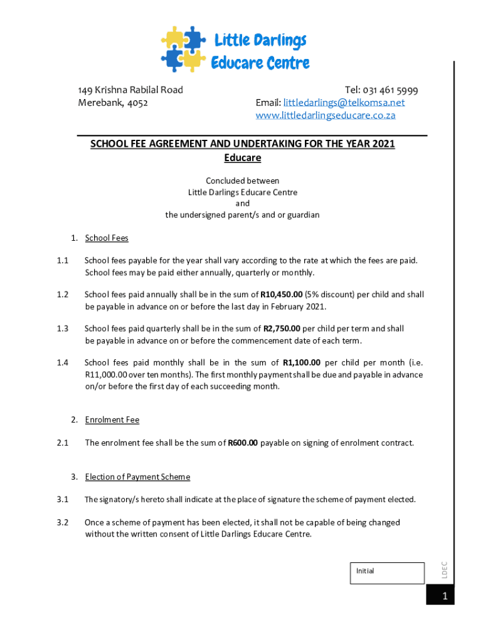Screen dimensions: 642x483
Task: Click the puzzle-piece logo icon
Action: click(183, 49)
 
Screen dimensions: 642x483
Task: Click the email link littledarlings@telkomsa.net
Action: click(344, 103)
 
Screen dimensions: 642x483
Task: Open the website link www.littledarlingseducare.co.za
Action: click(326, 116)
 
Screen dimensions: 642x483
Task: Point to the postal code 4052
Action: click(137, 103)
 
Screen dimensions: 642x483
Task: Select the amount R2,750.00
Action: click(282, 329)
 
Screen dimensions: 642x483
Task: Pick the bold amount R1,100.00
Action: click(302, 362)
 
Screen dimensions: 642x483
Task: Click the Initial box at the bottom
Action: click(386, 573)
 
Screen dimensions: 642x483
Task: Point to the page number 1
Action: click(444, 597)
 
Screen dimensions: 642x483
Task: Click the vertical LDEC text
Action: click(443, 569)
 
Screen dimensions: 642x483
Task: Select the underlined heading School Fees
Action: click(107, 238)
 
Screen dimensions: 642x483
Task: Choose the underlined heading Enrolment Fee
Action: click(112, 420)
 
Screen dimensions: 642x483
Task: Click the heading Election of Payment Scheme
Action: click(137, 477)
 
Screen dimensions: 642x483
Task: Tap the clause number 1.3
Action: click(61, 329)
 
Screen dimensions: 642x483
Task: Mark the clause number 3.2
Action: click(61, 522)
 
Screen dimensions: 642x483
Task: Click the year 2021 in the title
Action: click(383, 144)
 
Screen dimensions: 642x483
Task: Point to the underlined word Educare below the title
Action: click(242, 158)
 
